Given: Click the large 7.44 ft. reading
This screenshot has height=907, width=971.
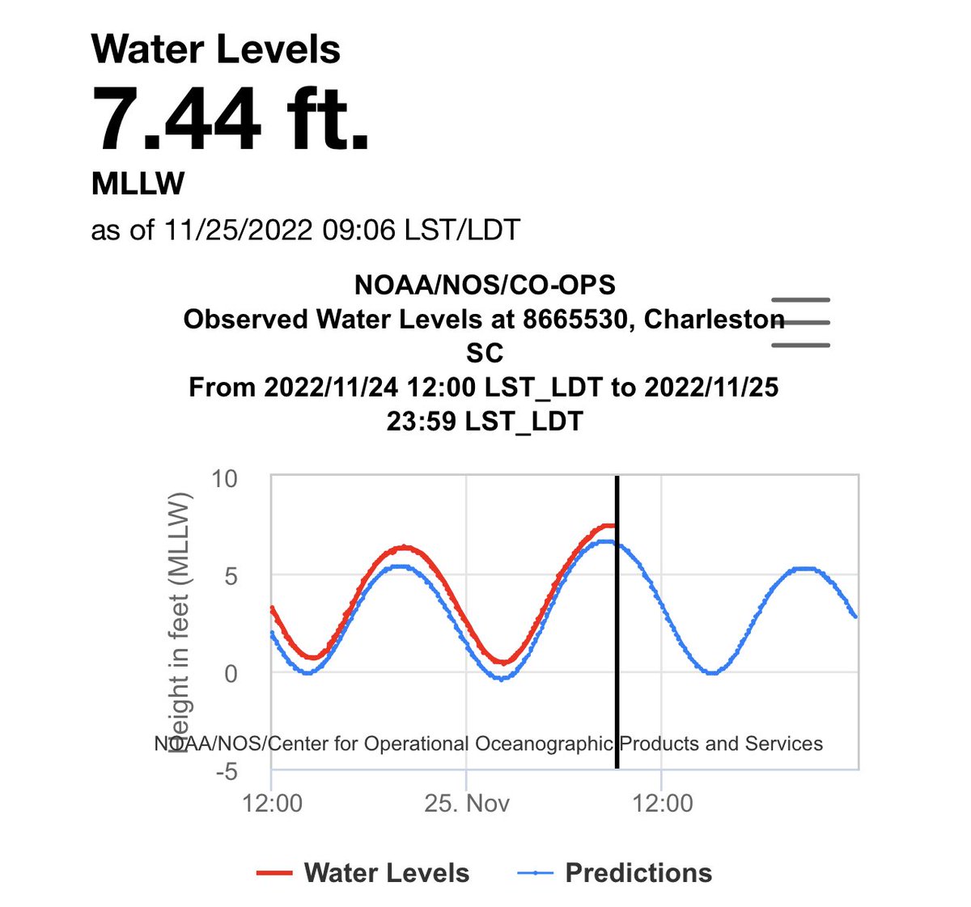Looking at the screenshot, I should pos(231,119).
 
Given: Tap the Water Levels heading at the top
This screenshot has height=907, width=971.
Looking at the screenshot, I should pos(216,49).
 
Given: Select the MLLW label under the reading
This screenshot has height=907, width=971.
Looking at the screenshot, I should pos(138,184).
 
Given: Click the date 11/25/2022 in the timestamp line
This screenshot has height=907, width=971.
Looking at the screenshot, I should pos(238,230).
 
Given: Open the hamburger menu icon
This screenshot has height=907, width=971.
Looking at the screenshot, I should pos(801,322).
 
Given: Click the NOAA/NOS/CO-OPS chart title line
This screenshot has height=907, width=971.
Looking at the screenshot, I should pos(485,285).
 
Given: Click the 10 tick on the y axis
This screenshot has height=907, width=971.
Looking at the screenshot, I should pos(224,479).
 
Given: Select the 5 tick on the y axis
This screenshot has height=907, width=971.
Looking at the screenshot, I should pos(231,576).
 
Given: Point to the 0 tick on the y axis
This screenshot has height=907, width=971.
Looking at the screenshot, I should pos(231,673).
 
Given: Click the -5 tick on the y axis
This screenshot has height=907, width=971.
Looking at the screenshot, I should pos(226,771).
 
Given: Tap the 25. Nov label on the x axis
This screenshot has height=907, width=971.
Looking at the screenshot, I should pos(468,803).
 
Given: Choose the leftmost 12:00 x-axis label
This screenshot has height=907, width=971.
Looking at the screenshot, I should pos(272,803).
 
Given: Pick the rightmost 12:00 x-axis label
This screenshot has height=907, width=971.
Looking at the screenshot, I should pos(663,803).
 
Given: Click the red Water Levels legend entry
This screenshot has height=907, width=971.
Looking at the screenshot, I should pos(363,873).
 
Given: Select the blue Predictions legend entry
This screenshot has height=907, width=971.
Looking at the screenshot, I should pos(615,873).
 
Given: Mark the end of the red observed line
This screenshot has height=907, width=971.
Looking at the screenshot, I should pos(614,526).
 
